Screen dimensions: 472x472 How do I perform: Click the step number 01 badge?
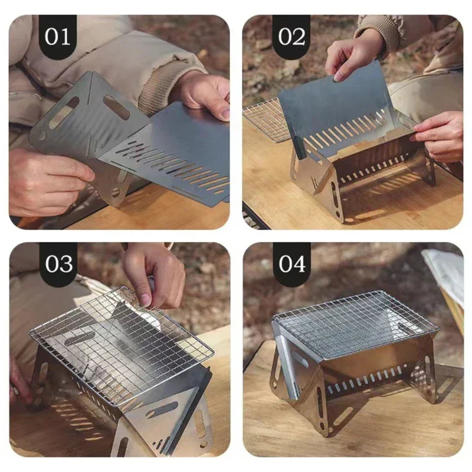tap(57, 36)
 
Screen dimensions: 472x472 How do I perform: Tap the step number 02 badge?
tap(291, 36)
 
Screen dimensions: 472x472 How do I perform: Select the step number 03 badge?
tap(57, 264)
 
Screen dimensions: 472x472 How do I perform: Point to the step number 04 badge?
tap(291, 264)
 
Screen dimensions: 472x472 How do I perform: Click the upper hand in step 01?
tap(204, 94)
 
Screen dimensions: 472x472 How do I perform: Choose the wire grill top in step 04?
tap(354, 324)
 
